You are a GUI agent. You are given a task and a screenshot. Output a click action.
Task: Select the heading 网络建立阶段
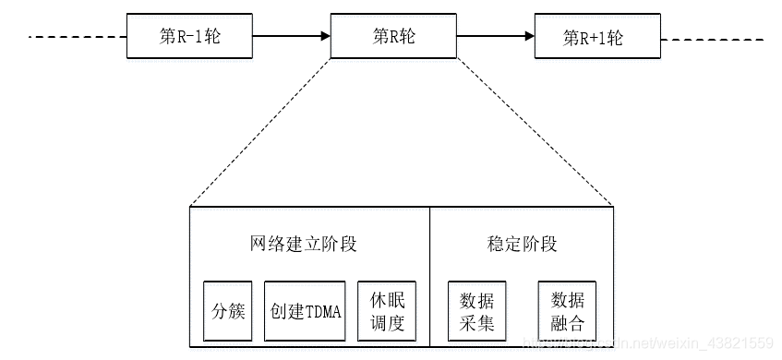[303, 245]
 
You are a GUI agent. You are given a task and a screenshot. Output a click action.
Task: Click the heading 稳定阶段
[522, 245]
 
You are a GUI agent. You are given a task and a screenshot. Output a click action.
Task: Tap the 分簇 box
[227, 311]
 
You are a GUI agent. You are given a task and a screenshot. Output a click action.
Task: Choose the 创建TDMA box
[306, 311]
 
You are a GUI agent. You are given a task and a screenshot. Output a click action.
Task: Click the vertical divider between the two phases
[430, 277]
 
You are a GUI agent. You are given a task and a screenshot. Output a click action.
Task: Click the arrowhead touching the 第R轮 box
[325, 37]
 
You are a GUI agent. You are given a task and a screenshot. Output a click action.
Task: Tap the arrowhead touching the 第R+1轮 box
[530, 37]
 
